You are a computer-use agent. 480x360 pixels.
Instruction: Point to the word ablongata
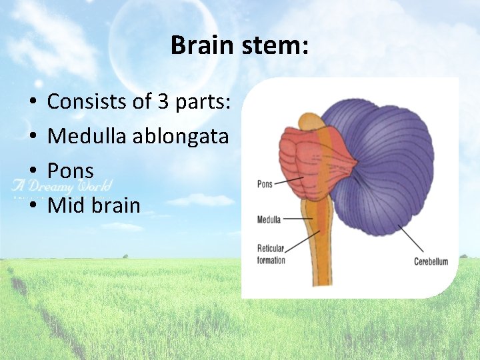tap(181, 137)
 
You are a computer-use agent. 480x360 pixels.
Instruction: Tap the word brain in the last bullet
tap(114, 205)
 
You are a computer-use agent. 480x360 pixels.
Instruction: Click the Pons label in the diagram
tap(265, 184)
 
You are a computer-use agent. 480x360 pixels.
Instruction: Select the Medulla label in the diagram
tap(269, 219)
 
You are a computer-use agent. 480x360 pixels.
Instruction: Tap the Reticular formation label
tap(271, 254)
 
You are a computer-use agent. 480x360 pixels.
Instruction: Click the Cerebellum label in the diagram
tap(431, 261)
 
